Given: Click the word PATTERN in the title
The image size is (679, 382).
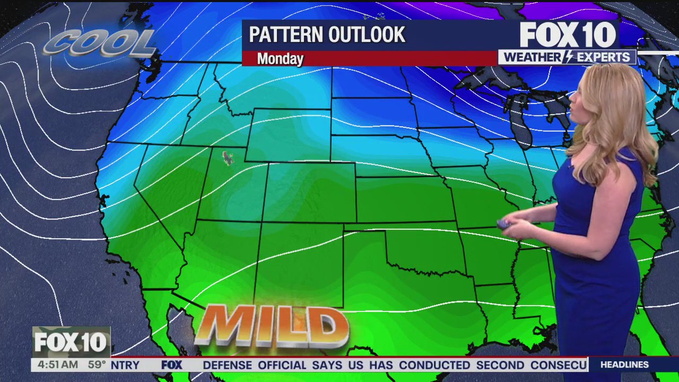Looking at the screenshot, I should [281, 35].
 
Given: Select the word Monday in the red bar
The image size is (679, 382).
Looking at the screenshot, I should [280, 59].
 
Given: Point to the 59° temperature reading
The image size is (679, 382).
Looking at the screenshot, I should [97, 365].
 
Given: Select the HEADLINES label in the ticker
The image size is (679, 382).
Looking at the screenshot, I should [625, 365].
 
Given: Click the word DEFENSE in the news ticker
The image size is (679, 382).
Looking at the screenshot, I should [227, 365].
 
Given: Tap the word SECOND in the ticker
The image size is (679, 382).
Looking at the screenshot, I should [500, 365].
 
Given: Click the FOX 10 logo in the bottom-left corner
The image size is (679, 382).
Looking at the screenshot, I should [71, 342].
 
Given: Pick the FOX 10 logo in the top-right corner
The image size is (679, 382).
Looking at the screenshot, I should [568, 35].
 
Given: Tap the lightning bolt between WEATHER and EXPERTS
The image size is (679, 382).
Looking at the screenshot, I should [568, 57].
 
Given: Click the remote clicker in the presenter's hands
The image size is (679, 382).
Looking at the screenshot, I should [503, 225].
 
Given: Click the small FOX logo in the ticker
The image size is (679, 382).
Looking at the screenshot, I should [171, 365].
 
